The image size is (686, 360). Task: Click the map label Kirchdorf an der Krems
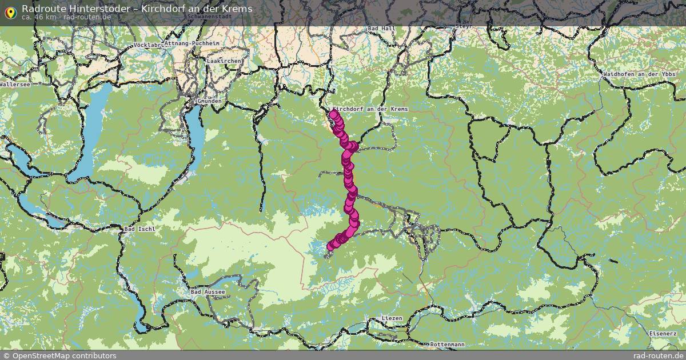370,109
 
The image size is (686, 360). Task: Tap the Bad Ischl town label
139,229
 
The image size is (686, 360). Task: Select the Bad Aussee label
208,292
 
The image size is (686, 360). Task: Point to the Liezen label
392,318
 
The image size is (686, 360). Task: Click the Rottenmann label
447,345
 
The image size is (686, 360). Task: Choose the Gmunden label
209,101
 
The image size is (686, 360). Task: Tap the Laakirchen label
224,61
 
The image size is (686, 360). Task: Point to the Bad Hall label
381,28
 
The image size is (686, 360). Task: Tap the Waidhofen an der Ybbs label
639,75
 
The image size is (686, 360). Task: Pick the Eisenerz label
663,333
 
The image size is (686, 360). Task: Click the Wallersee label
15,84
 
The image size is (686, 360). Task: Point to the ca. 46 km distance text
39,17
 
